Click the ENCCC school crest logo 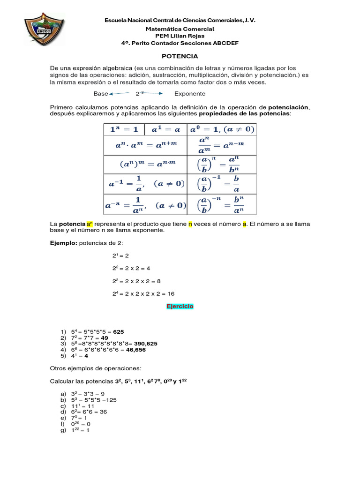(44, 33)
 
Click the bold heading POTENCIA (180, 56)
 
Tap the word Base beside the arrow (100, 94)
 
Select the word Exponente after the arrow (190, 94)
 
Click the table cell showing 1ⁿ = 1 (124, 129)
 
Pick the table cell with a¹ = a (165, 129)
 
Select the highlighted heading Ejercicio (180, 306)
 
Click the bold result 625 (118, 331)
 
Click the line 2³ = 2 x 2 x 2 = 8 (136, 281)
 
